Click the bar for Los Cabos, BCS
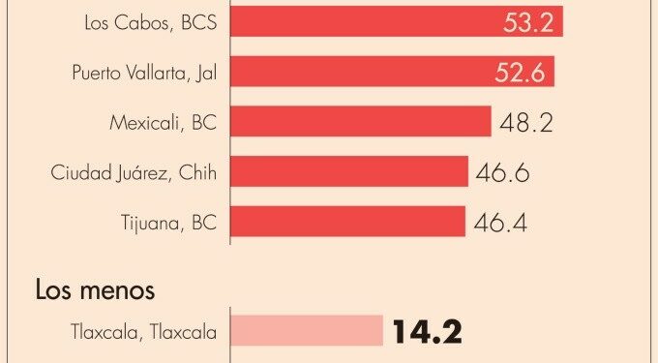(397, 21)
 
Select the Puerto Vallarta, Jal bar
(392, 72)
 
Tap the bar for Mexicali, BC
(361, 121)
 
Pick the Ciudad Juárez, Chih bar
(349, 171)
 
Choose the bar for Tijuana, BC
(348, 221)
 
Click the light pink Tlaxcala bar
(307, 331)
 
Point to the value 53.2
(528, 22)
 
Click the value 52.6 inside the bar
(520, 73)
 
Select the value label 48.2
(526, 123)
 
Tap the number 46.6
(502, 172)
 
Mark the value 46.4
(500, 223)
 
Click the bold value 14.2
(427, 331)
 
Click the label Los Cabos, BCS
(151, 22)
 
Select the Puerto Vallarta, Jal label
(144, 73)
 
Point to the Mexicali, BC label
(164, 123)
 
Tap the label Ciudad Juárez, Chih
(134, 172)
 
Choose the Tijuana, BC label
(169, 223)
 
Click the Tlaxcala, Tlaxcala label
(144, 332)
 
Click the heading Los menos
(95, 289)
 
